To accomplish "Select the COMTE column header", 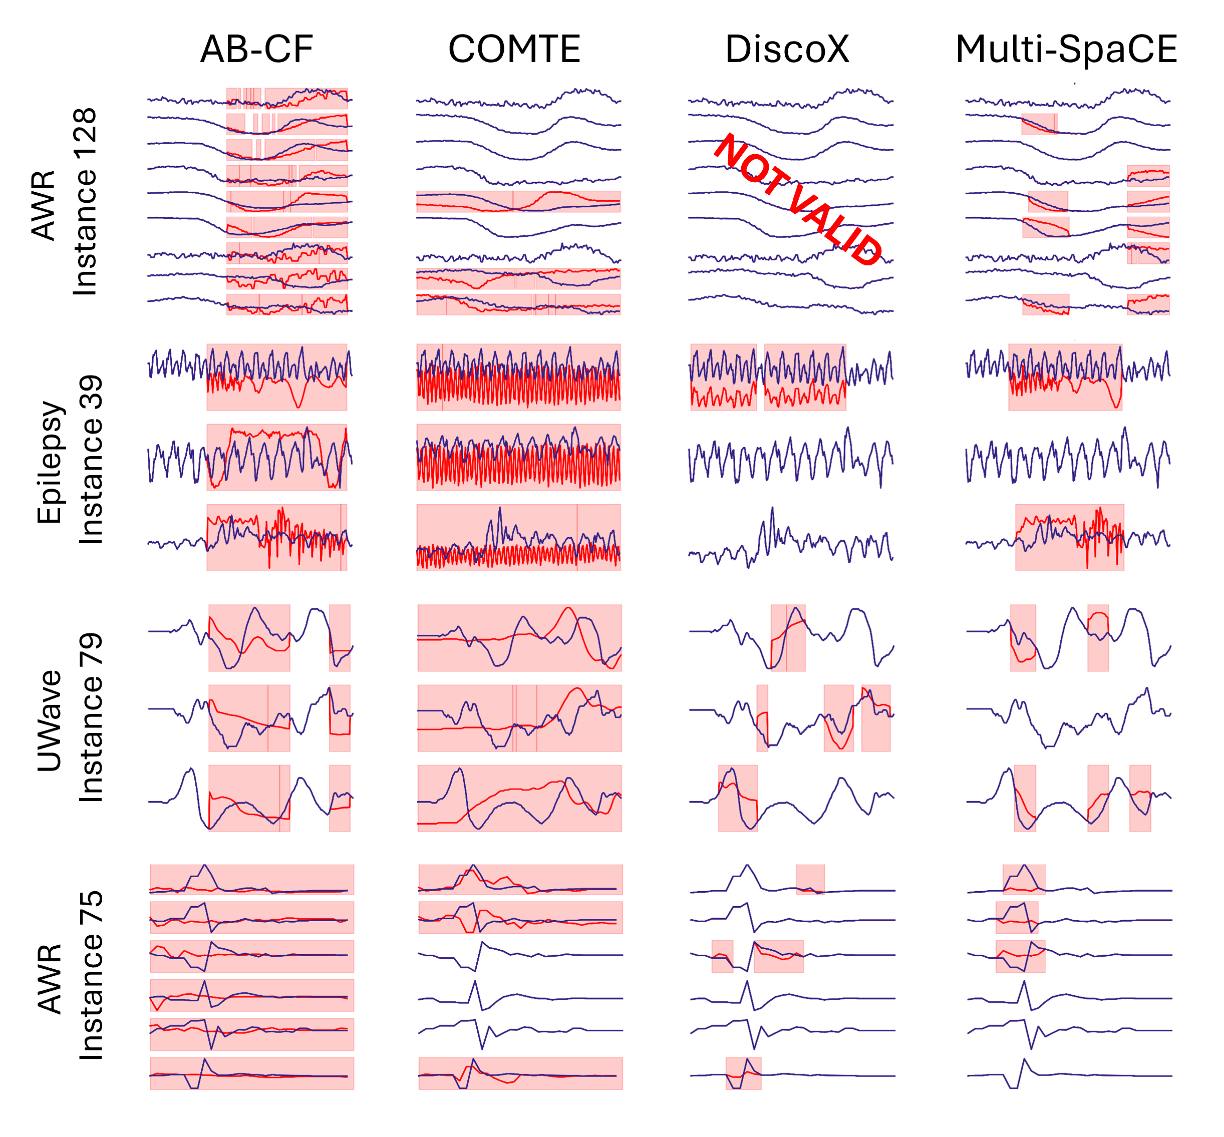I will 514,49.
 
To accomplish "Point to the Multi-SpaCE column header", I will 1066,49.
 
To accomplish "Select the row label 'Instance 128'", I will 85,202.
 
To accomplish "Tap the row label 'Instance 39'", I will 91,460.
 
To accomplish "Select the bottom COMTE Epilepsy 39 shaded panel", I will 518,537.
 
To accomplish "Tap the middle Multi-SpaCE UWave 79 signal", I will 1068,717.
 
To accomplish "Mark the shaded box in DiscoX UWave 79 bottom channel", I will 737,798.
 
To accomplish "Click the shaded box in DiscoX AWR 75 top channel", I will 810,879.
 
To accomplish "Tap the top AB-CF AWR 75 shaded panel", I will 252,879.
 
